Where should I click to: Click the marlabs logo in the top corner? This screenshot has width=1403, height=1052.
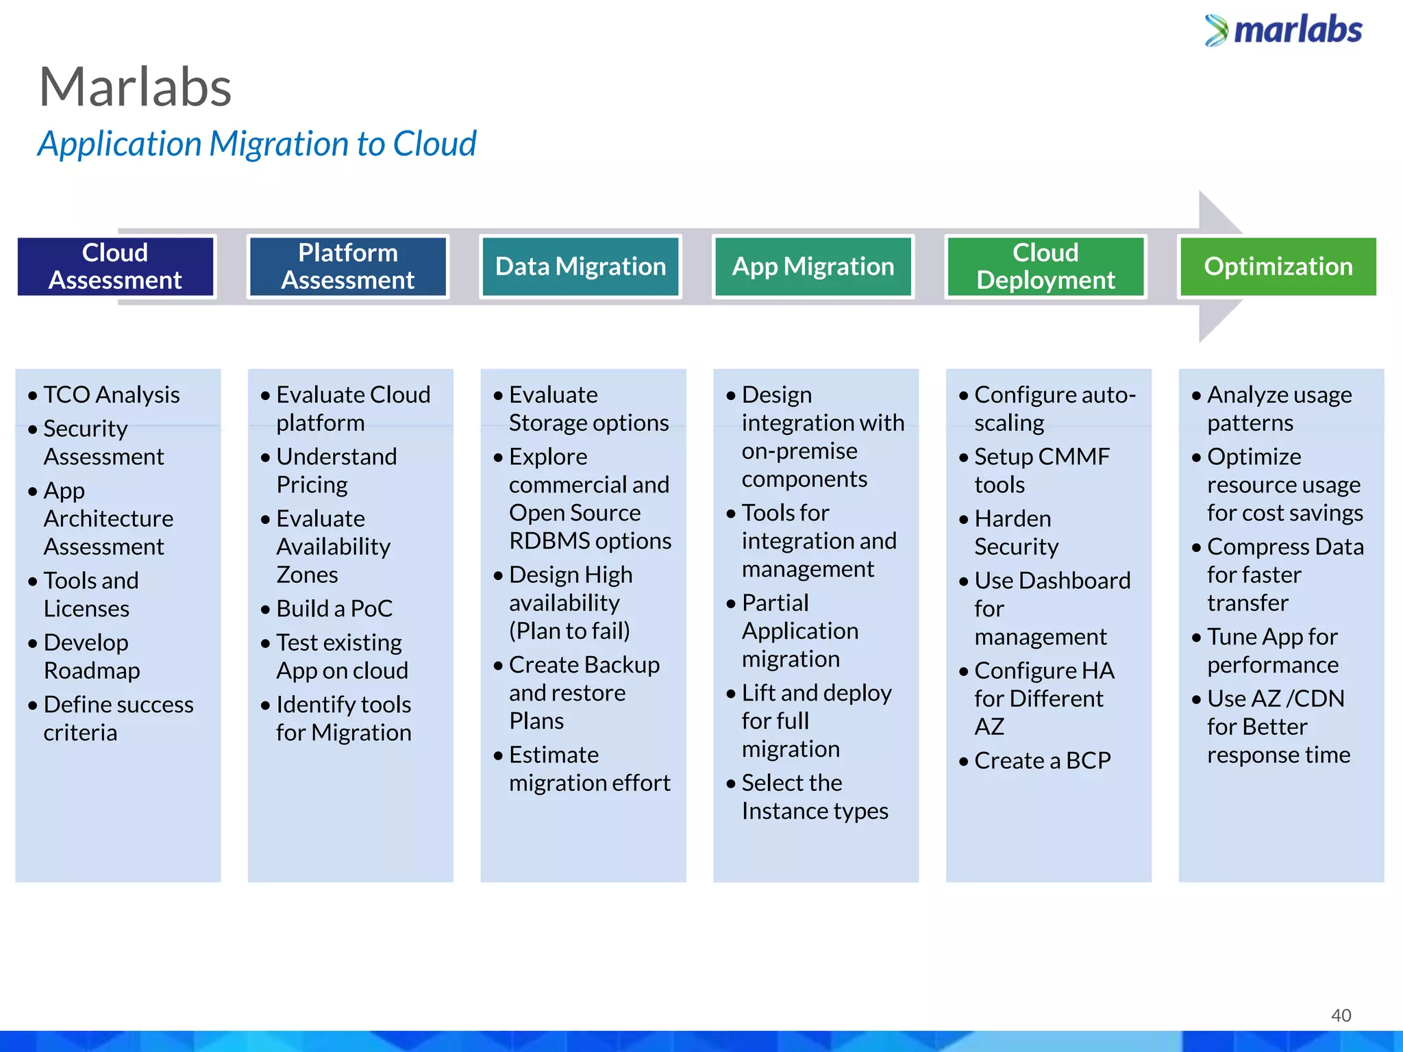click(1284, 30)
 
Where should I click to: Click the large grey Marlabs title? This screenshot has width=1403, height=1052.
click(135, 87)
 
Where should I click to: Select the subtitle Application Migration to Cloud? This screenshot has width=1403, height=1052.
click(257, 144)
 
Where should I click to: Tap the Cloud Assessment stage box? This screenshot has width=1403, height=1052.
click(115, 266)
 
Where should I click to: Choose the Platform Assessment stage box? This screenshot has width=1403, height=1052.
click(347, 266)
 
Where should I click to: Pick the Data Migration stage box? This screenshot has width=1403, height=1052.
click(580, 266)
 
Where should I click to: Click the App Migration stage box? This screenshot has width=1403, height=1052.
click(813, 266)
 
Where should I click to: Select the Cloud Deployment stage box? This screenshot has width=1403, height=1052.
click(1045, 266)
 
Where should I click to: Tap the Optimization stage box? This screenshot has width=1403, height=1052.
click(1278, 266)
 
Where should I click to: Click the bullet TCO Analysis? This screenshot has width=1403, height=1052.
click(111, 395)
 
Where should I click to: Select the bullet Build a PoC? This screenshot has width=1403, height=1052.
click(334, 608)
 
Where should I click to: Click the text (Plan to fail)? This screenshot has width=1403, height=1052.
click(569, 631)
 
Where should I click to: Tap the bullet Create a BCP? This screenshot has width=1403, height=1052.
click(1041, 760)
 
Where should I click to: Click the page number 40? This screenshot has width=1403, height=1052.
click(1341, 1015)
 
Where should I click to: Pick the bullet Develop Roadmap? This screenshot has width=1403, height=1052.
click(91, 656)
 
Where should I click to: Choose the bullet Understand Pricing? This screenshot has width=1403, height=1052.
click(336, 471)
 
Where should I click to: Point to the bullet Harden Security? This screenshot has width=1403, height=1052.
click(1015, 532)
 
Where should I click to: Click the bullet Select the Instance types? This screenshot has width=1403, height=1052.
click(814, 797)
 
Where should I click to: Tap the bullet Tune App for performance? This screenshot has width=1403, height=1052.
click(1272, 651)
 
